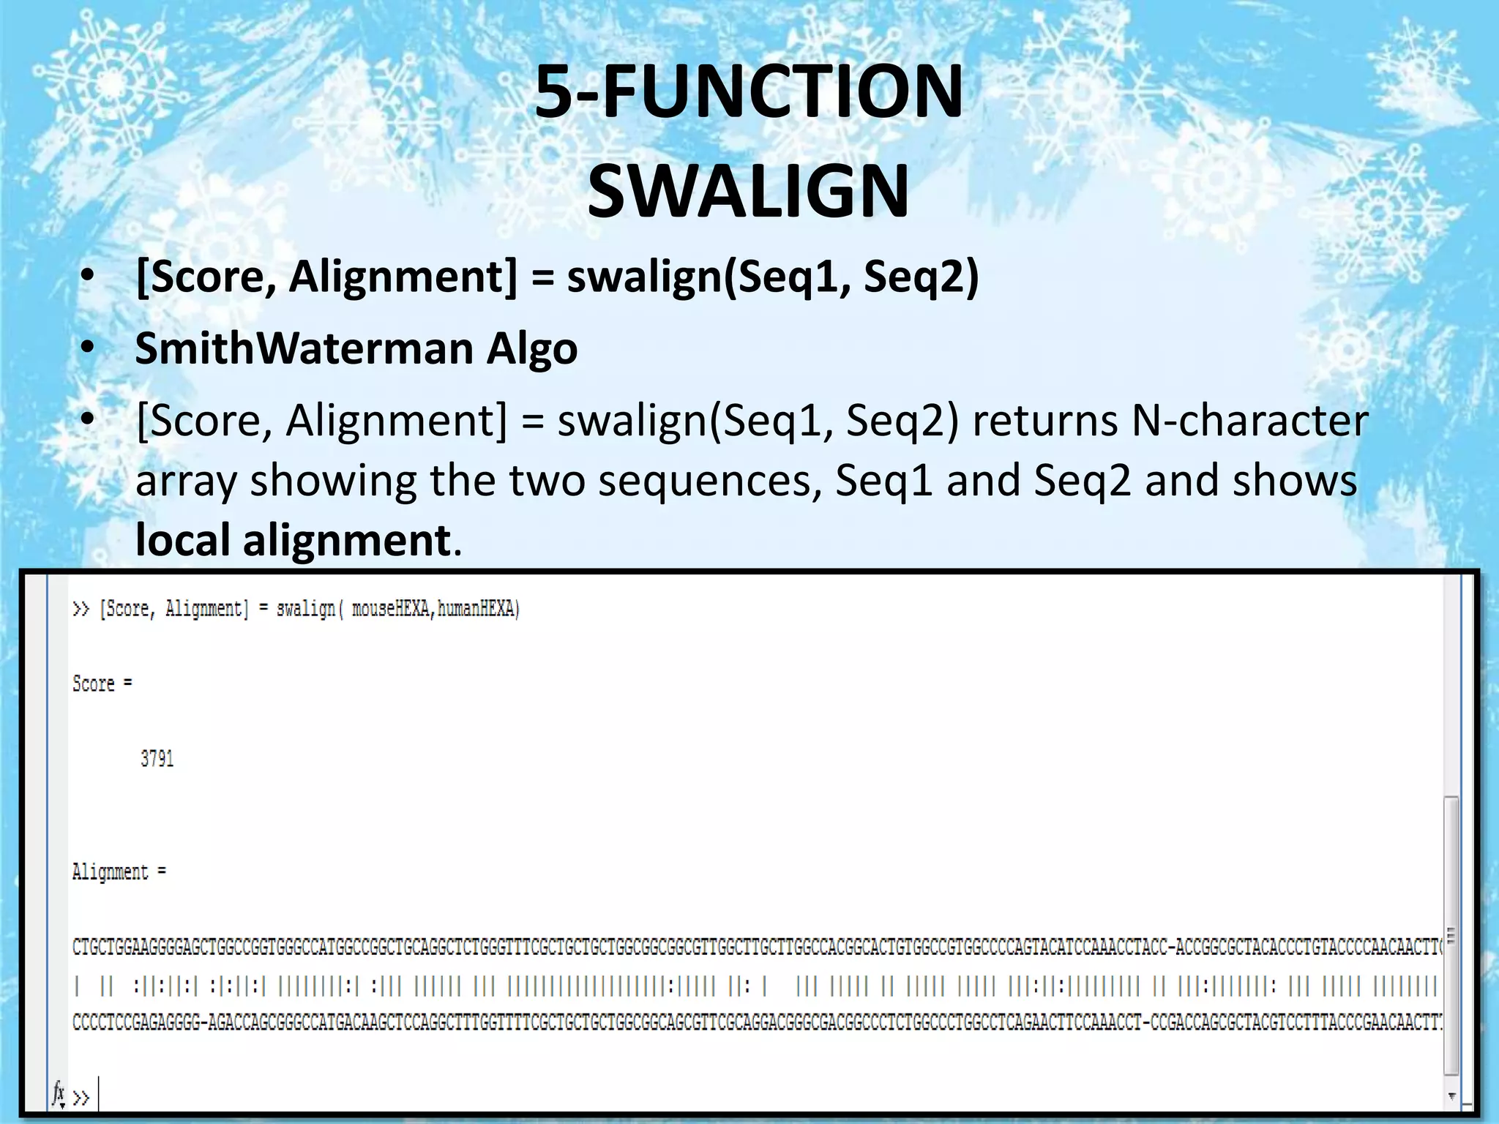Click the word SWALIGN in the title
tap(748, 192)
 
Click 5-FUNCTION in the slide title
tap(748, 92)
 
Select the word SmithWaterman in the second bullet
tap(303, 348)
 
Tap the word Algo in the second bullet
tap(532, 350)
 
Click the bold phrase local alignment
tap(293, 540)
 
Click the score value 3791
tap(157, 759)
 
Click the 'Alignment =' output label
tap(119, 872)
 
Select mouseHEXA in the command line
tap(391, 609)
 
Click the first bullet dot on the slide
tap(88, 277)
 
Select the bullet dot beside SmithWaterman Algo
tap(88, 349)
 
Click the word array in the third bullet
tap(186, 482)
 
